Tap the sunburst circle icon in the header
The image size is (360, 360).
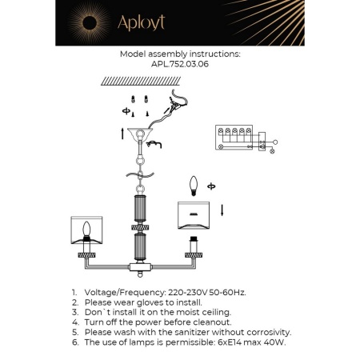point(84,22)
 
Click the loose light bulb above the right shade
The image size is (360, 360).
point(192,186)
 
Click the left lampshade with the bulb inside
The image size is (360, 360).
point(88,230)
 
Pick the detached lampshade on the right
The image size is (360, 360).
point(192,214)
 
